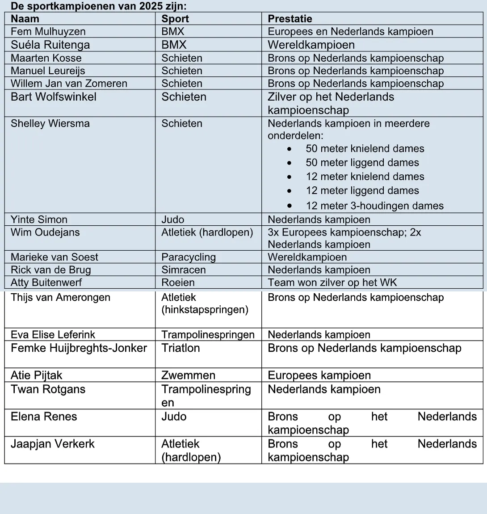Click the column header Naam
pyautogui.click(x=25, y=19)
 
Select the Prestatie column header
pyautogui.click(x=290, y=19)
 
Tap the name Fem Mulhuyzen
pyautogui.click(x=48, y=31)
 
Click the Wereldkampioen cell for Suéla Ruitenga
pyautogui.click(x=311, y=45)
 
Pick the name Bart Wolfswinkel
pyautogui.click(x=53, y=97)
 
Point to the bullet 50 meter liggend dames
pyautogui.click(x=362, y=163)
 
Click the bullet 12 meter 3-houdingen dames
pyautogui.click(x=374, y=206)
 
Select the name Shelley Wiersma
pyautogui.click(x=50, y=123)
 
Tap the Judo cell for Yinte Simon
pyautogui.click(x=172, y=219)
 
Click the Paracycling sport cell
pyautogui.click(x=188, y=257)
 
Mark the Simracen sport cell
pyautogui.click(x=183, y=270)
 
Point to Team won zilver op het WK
pyautogui.click(x=332, y=282)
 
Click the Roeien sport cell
pyautogui.click(x=178, y=282)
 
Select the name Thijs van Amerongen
pyautogui.click(x=60, y=298)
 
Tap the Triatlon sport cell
pyautogui.click(x=181, y=348)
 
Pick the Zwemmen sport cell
pyautogui.click(x=188, y=375)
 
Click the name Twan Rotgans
pyautogui.click(x=48, y=389)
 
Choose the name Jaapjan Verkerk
pyautogui.click(x=53, y=444)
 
